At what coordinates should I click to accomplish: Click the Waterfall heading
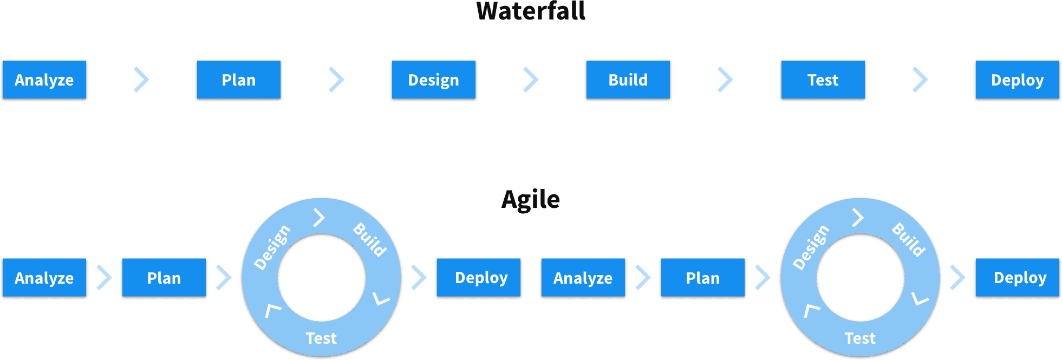pos(531,11)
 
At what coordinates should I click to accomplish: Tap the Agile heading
pos(531,200)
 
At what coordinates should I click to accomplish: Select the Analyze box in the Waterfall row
pos(44,80)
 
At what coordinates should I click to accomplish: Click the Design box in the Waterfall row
pos(433,80)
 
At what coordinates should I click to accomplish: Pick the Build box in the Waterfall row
pos(628,80)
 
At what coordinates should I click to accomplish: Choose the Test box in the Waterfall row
pos(823,80)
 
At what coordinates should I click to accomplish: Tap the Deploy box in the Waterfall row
pos(1017,80)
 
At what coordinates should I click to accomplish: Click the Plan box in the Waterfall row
pos(239,80)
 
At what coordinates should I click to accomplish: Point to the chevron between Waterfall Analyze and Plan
pos(142,80)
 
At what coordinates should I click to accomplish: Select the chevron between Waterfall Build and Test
pos(725,80)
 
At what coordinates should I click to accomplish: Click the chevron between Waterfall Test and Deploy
pos(920,80)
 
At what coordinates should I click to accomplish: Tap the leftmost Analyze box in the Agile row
pos(44,278)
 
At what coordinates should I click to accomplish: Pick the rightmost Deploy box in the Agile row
pos(1017,278)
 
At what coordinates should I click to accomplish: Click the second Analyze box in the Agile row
pos(583,278)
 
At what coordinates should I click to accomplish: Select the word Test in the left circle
pos(321,338)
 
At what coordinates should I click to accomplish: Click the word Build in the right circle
pos(909,240)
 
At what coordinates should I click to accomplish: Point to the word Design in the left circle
pos(272,247)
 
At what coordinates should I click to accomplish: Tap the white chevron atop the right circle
pos(858,218)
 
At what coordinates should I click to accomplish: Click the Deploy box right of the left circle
pos(479,278)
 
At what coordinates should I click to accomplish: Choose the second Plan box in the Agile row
pos(703,278)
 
